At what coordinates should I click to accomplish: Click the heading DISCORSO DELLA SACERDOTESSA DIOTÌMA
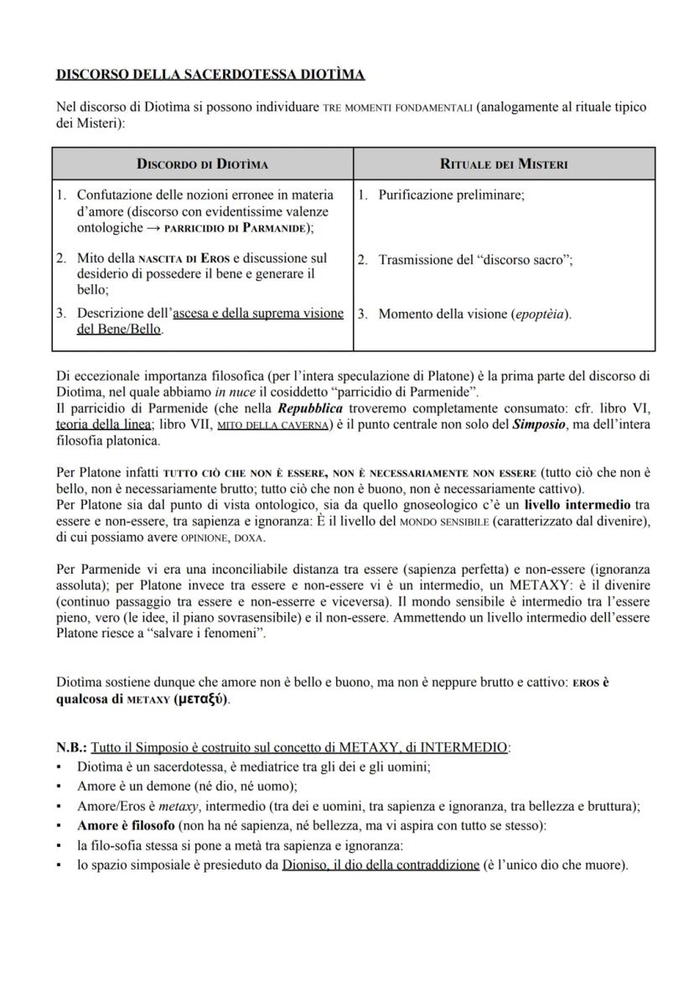pyautogui.click(x=210, y=75)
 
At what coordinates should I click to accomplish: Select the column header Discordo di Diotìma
pyautogui.click(x=202, y=164)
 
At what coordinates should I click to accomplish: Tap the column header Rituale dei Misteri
pyautogui.click(x=504, y=164)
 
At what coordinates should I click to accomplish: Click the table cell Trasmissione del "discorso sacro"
pyautogui.click(x=475, y=260)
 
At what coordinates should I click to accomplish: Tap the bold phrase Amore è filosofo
pyautogui.click(x=120, y=826)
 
